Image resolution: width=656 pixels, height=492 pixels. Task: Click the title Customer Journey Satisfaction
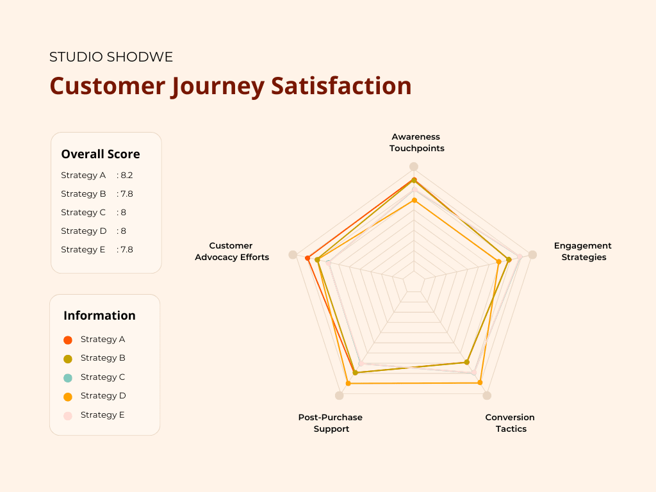pyautogui.click(x=231, y=86)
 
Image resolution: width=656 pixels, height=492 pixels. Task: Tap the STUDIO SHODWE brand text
pyautogui.click(x=111, y=57)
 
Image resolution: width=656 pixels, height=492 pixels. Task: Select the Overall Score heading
pyautogui.click(x=101, y=154)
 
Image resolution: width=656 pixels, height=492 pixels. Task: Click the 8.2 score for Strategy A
pyautogui.click(x=126, y=175)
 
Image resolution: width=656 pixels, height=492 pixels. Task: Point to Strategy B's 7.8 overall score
pyautogui.click(x=126, y=193)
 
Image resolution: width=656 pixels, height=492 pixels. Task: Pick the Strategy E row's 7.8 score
pyautogui.click(x=126, y=249)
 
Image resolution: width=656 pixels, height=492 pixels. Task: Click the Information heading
pyautogui.click(x=99, y=315)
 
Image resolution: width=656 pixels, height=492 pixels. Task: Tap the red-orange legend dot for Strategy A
pyautogui.click(x=68, y=340)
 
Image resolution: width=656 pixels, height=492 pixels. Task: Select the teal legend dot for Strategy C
pyautogui.click(x=68, y=377)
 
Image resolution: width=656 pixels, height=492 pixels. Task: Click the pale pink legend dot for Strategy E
pyautogui.click(x=68, y=415)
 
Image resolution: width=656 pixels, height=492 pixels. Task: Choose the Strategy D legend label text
pyautogui.click(x=102, y=395)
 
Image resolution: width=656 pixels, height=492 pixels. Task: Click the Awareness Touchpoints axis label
pyautogui.click(x=416, y=142)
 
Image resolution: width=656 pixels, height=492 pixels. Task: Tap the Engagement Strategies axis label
pyautogui.click(x=583, y=251)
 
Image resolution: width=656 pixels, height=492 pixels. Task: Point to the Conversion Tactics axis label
pyautogui.click(x=510, y=423)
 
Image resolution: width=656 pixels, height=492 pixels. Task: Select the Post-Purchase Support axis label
pyautogui.click(x=331, y=423)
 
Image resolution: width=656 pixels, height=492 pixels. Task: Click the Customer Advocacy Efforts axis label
pyautogui.click(x=231, y=251)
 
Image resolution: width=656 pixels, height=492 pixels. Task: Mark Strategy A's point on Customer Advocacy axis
pyautogui.click(x=307, y=258)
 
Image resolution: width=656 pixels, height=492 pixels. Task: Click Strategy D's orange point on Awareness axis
pyautogui.click(x=414, y=200)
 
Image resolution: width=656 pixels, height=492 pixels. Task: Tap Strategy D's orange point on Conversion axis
pyautogui.click(x=480, y=382)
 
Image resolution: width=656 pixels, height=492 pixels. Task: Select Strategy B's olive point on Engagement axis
pyautogui.click(x=509, y=259)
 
